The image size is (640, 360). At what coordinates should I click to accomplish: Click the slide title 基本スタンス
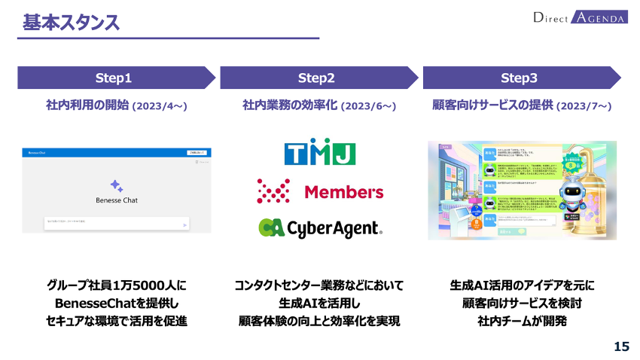click(71, 23)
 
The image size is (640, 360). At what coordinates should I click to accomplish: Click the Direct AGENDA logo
click(579, 17)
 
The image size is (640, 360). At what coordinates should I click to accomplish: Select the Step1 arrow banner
click(114, 78)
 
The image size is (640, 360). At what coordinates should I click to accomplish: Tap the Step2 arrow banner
click(317, 78)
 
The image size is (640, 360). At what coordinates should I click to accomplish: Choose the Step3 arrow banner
click(520, 78)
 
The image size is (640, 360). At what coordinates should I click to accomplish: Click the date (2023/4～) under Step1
click(160, 106)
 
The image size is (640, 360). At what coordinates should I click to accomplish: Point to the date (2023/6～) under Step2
click(368, 106)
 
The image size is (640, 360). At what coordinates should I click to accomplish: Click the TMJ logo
click(320, 153)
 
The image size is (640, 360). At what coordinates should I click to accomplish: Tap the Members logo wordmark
click(343, 192)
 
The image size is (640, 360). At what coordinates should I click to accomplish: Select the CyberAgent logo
click(320, 227)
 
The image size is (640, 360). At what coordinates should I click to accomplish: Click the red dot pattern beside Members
click(273, 191)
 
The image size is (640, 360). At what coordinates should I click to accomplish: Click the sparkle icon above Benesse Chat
click(116, 185)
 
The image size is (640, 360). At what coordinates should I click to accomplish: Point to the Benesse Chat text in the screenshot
click(117, 200)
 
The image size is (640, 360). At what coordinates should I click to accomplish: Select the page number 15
click(621, 346)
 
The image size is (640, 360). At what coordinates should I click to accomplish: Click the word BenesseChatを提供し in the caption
click(116, 304)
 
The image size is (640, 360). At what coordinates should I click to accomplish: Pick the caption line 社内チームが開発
click(522, 322)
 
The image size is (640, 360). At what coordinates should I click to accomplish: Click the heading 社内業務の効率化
click(290, 105)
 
